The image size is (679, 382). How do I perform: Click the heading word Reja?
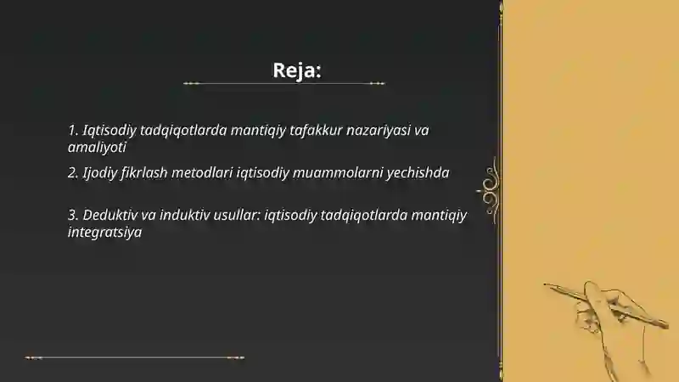pyautogui.click(x=296, y=70)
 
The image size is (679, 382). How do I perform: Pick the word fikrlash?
pyautogui.click(x=152, y=172)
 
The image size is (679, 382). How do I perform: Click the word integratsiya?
pyautogui.click(x=104, y=231)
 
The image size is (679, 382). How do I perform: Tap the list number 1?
pyautogui.click(x=72, y=131)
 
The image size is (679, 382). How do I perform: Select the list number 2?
pyautogui.click(x=72, y=172)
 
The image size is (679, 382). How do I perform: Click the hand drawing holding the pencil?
pyautogui.click(x=607, y=318)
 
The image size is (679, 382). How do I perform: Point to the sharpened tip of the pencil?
pyautogui.click(x=546, y=285)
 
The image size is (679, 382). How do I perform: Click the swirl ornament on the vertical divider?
pyautogui.click(x=490, y=185)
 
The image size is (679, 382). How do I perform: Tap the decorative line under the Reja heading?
pyautogui.click(x=284, y=83)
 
